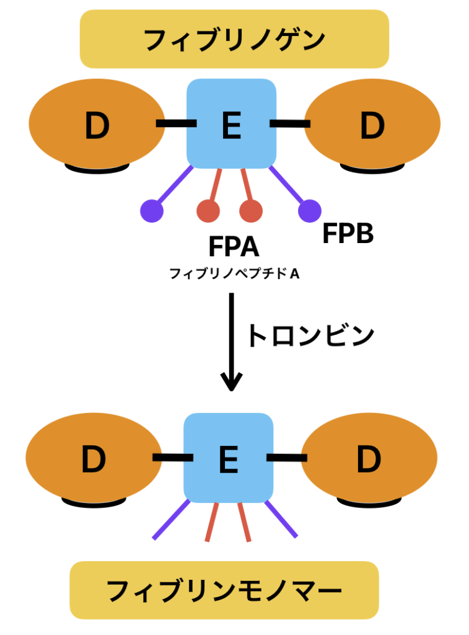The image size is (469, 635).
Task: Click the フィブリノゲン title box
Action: (234, 39)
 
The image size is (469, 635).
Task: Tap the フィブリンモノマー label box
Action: (224, 590)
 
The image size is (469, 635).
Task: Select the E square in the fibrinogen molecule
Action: (231, 124)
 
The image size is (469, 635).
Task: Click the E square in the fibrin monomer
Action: (228, 458)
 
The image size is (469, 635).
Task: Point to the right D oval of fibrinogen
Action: (372, 124)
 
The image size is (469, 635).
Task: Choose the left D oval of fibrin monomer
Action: (94, 458)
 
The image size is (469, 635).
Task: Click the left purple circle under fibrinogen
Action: (152, 211)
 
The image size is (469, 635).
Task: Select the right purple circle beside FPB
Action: (309, 211)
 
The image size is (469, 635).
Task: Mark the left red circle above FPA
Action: (208, 211)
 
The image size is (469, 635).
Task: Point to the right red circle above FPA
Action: (251, 211)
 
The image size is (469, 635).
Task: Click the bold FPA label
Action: (234, 247)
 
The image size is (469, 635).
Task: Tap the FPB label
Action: (348, 234)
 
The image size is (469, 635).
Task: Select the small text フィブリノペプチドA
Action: (234, 273)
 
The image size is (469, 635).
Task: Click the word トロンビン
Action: (310, 335)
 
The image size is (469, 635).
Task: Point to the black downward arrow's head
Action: (231, 384)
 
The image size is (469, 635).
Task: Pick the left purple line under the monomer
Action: (171, 520)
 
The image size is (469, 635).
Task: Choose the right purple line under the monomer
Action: (281, 520)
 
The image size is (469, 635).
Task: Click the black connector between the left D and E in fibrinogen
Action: (176, 124)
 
